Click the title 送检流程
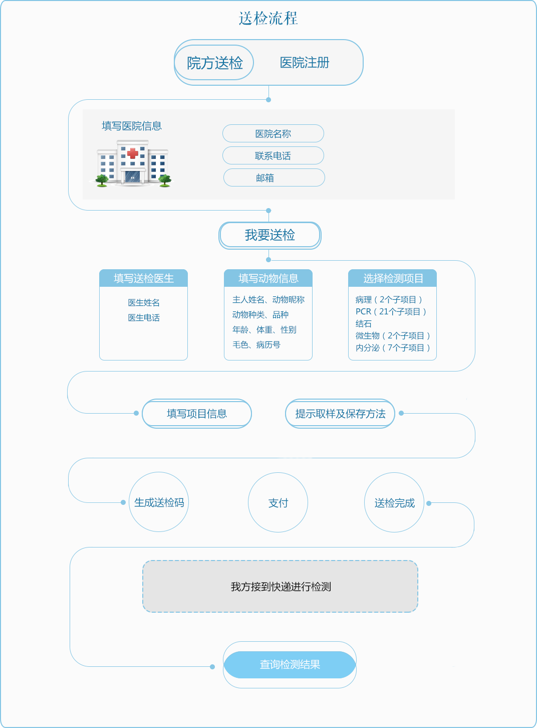point(268,19)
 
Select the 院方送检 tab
point(214,63)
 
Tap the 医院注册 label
point(305,63)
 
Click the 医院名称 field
point(273,134)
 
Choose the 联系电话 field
point(273,156)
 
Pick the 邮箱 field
point(274,178)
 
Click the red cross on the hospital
point(133,153)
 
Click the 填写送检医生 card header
point(143,278)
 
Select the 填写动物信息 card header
point(268,278)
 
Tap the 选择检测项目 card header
point(393,278)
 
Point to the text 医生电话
point(144,318)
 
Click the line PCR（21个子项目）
point(391,312)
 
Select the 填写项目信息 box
point(197,414)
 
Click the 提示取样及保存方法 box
point(340,414)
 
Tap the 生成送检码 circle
point(159,502)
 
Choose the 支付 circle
point(278,503)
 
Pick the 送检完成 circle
point(394,503)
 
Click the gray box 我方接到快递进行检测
point(281,587)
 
